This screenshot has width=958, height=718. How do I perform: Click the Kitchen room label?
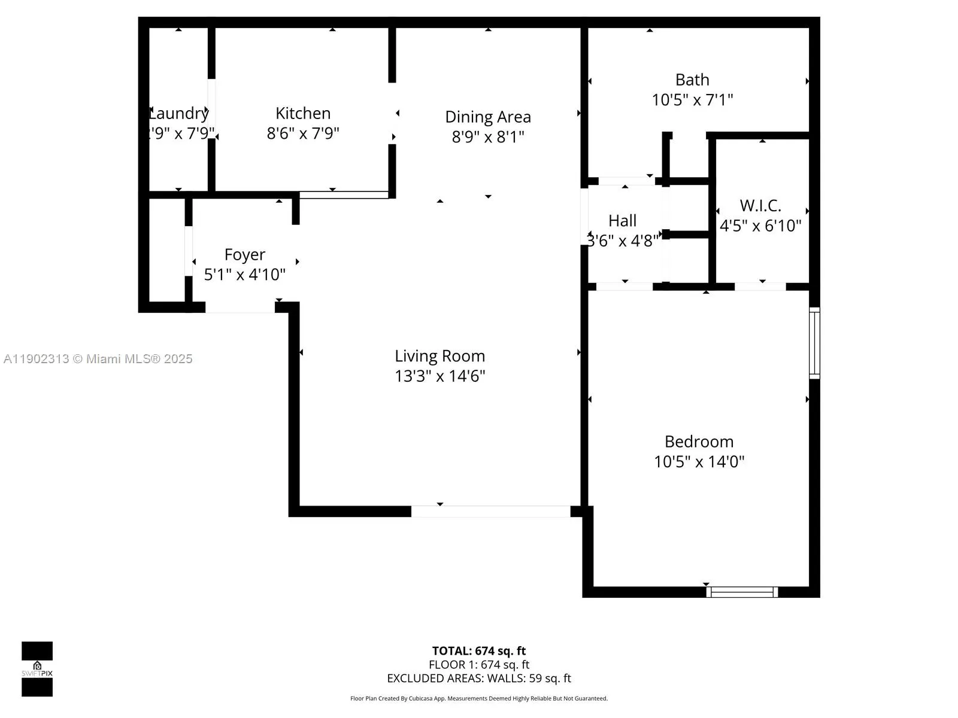(x=303, y=113)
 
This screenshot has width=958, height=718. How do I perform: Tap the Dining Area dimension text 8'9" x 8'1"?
(x=488, y=137)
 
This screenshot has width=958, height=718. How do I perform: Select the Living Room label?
(x=439, y=356)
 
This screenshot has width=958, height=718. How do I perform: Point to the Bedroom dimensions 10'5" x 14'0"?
(x=699, y=462)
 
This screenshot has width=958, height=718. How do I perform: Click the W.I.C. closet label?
(x=760, y=206)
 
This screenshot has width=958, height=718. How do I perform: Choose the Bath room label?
(x=692, y=80)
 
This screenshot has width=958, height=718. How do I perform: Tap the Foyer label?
(x=244, y=254)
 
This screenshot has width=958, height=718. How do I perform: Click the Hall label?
(x=622, y=221)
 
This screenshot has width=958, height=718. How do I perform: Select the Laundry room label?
(x=178, y=113)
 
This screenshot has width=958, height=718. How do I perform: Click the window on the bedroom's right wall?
(x=814, y=343)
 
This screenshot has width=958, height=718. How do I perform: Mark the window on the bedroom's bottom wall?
(x=742, y=592)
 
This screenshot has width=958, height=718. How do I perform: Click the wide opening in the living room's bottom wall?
(x=490, y=512)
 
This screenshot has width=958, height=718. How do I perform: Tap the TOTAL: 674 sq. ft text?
(x=479, y=651)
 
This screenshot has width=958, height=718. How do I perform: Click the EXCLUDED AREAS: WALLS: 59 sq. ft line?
(x=479, y=679)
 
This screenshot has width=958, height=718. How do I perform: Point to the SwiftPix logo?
(x=37, y=669)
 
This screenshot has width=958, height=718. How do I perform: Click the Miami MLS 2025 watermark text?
(x=98, y=359)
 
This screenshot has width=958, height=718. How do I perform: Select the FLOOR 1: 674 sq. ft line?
(x=479, y=665)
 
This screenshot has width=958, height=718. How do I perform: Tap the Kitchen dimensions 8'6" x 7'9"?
(x=303, y=133)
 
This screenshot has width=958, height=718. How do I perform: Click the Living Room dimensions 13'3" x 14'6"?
(x=439, y=376)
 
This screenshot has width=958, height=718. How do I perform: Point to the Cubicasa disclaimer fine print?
(x=479, y=698)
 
